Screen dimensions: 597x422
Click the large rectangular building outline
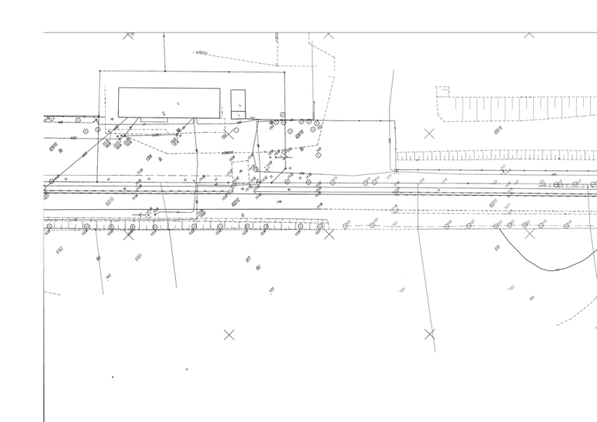click(x=169, y=102)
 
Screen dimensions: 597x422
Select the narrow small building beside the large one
click(x=238, y=104)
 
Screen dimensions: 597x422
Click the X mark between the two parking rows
click(x=429, y=134)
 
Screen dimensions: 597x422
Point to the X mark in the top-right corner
click(x=529, y=34)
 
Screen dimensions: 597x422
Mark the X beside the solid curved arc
click(x=530, y=232)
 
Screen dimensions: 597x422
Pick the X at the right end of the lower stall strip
click(x=329, y=233)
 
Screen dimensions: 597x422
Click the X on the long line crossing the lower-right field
click(x=429, y=334)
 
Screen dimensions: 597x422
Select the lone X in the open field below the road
click(x=229, y=335)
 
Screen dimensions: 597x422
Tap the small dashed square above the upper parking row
click(x=442, y=90)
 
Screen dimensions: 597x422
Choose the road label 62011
click(x=494, y=204)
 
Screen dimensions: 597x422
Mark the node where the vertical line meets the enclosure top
click(x=164, y=71)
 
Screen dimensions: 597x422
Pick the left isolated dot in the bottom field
click(x=113, y=378)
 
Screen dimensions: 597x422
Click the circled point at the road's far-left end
click(x=52, y=182)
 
